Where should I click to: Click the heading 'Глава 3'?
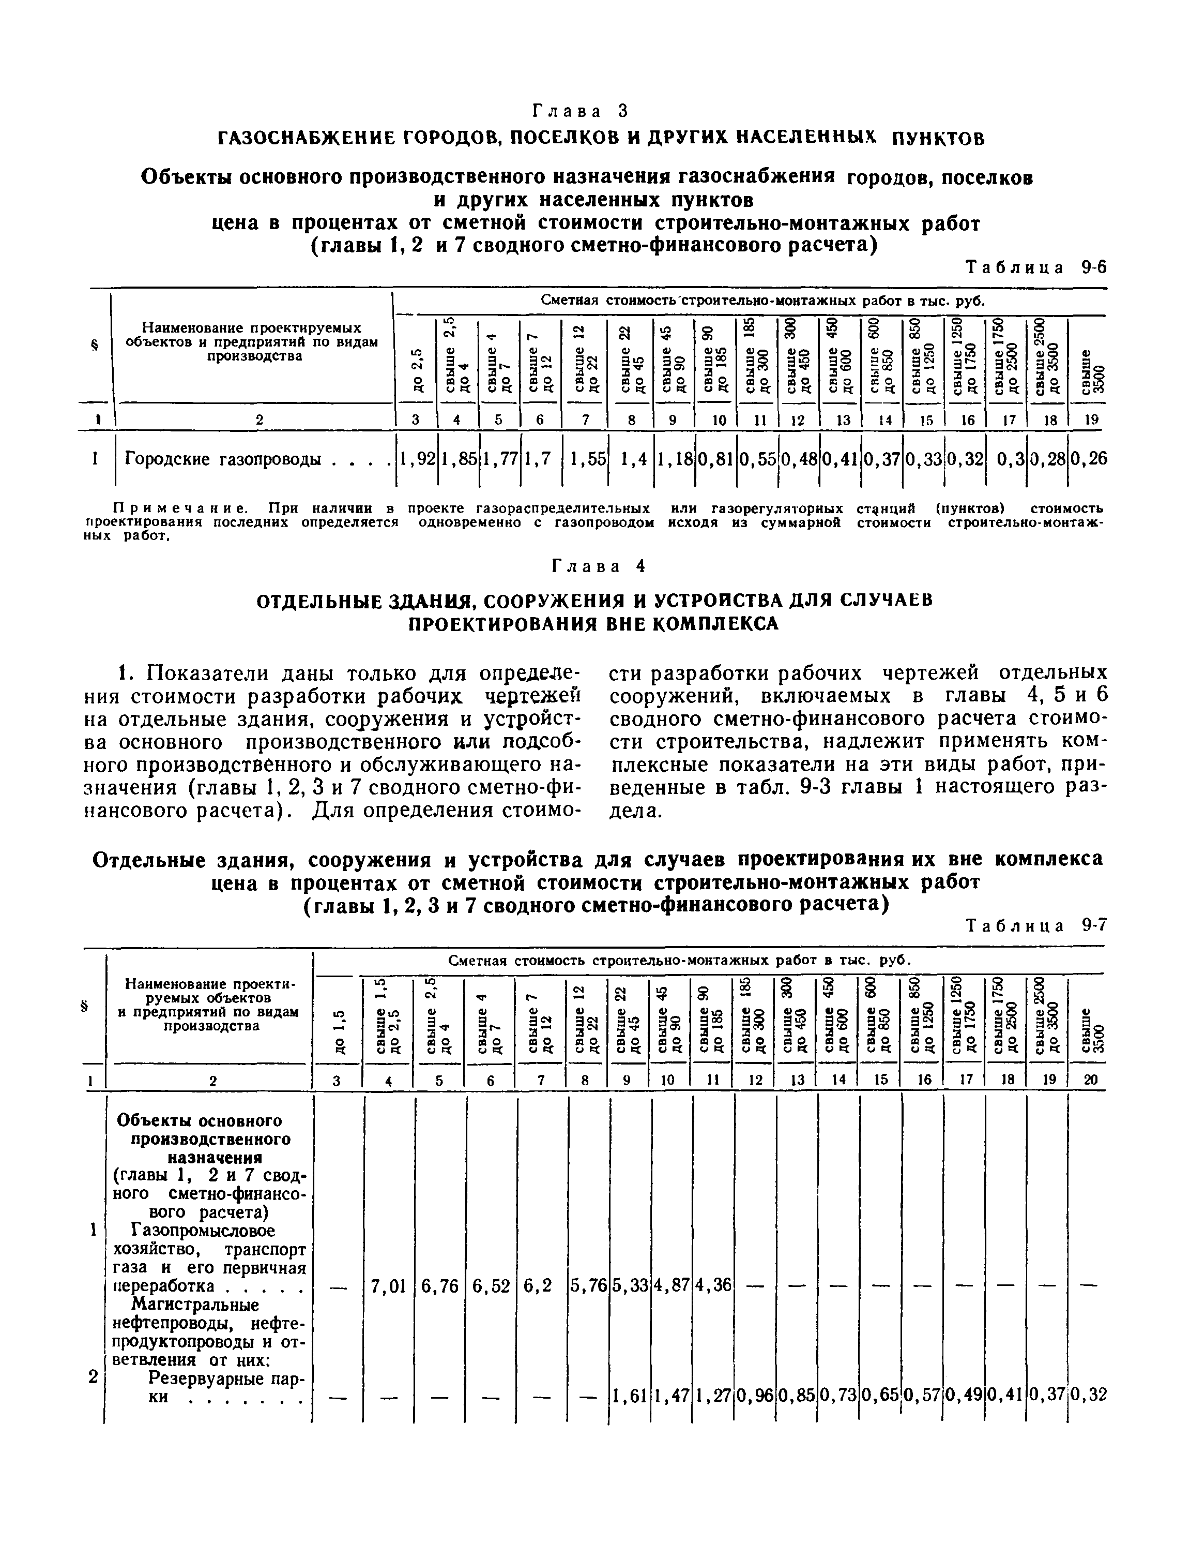tap(579, 111)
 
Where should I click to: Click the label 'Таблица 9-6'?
tap(1035, 267)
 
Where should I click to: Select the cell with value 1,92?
tap(417, 459)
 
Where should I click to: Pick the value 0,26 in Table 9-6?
tap(1088, 459)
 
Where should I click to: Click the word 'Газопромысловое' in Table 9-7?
tap(203, 1231)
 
